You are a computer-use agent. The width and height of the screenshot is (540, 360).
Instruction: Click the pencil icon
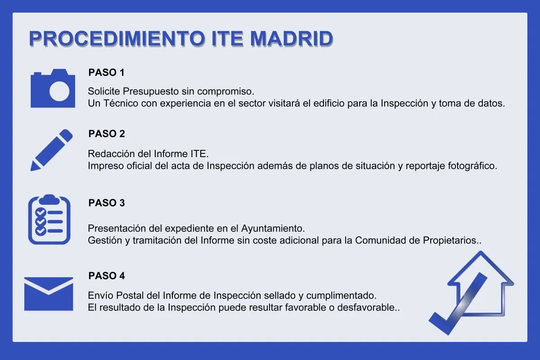tap(51, 150)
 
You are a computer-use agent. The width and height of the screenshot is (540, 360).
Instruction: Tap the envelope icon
tap(49, 293)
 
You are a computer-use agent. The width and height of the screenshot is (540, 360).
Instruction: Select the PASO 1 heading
tap(106, 72)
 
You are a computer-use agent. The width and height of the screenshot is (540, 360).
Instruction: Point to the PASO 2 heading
tap(107, 134)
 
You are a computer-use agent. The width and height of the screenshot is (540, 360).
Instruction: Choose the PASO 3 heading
tap(107, 203)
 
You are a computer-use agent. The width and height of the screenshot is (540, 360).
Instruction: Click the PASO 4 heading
tap(107, 276)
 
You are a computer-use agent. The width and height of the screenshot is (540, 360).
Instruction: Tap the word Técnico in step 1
tap(120, 103)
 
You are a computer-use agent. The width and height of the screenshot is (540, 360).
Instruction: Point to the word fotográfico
tap(472, 166)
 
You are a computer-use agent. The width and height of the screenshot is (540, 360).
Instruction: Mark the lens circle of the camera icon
tap(59, 92)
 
